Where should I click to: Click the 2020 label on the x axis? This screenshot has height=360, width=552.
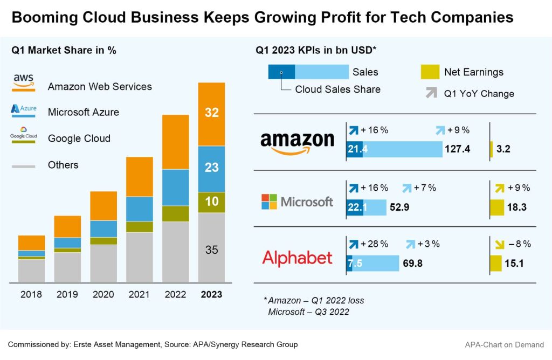pyautogui.click(x=103, y=295)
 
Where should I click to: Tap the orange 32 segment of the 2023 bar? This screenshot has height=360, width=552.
pyautogui.click(x=211, y=113)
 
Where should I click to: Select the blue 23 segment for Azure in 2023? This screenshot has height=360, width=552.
pyautogui.click(x=211, y=168)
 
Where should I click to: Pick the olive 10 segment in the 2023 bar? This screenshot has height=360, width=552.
pyautogui.click(x=211, y=202)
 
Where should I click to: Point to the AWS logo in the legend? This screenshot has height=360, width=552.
pyautogui.click(x=24, y=80)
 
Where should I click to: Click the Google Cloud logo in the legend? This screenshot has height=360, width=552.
pyautogui.click(x=24, y=135)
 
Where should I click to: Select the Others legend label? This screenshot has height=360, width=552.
pyautogui.click(x=63, y=165)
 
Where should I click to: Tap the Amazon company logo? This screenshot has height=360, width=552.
pyautogui.click(x=297, y=143)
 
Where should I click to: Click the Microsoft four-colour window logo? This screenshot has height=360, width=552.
pyautogui.click(x=268, y=202)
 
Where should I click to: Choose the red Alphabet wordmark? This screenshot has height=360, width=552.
pyautogui.click(x=297, y=258)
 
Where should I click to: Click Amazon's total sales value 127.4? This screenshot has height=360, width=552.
pyautogui.click(x=457, y=149)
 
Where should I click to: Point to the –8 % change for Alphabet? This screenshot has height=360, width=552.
pyautogui.click(x=519, y=244)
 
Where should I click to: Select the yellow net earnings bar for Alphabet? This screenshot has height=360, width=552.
pyautogui.click(x=495, y=264)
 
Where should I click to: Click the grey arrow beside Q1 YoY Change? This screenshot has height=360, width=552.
pyautogui.click(x=431, y=93)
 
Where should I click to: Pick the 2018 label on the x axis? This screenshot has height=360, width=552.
pyautogui.click(x=31, y=295)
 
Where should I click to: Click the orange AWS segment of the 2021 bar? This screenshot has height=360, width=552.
pyautogui.click(x=139, y=176)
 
